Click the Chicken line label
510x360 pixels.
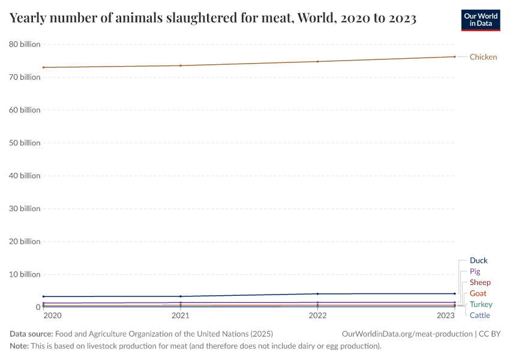pyautogui.click(x=483, y=57)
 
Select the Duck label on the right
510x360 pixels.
pyautogui.click(x=478, y=260)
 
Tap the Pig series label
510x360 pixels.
pyautogui.click(x=475, y=272)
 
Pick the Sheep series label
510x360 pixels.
pyautogui.click(x=480, y=283)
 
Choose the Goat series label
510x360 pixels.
pyautogui.click(x=478, y=293)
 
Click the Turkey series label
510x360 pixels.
pyautogui.click(x=481, y=304)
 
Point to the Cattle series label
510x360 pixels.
pyautogui.click(x=479, y=315)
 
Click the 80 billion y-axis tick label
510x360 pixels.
pyautogui.click(x=25, y=44)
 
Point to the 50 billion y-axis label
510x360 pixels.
pyautogui.click(x=25, y=143)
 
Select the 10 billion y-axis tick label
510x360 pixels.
pyautogui.click(x=25, y=274)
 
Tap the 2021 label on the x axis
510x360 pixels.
pyautogui.click(x=181, y=316)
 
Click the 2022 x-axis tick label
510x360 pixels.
pyautogui.click(x=317, y=316)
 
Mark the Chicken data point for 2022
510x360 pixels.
pyautogui.click(x=317, y=61)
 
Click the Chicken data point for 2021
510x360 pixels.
pyautogui.click(x=181, y=65)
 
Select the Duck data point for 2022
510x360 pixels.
pyautogui.click(x=317, y=294)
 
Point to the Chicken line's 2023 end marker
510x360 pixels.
pyautogui.click(x=454, y=56)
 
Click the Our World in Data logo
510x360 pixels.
pyautogui.click(x=480, y=20)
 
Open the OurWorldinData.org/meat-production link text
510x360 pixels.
pyautogui.click(x=406, y=334)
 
